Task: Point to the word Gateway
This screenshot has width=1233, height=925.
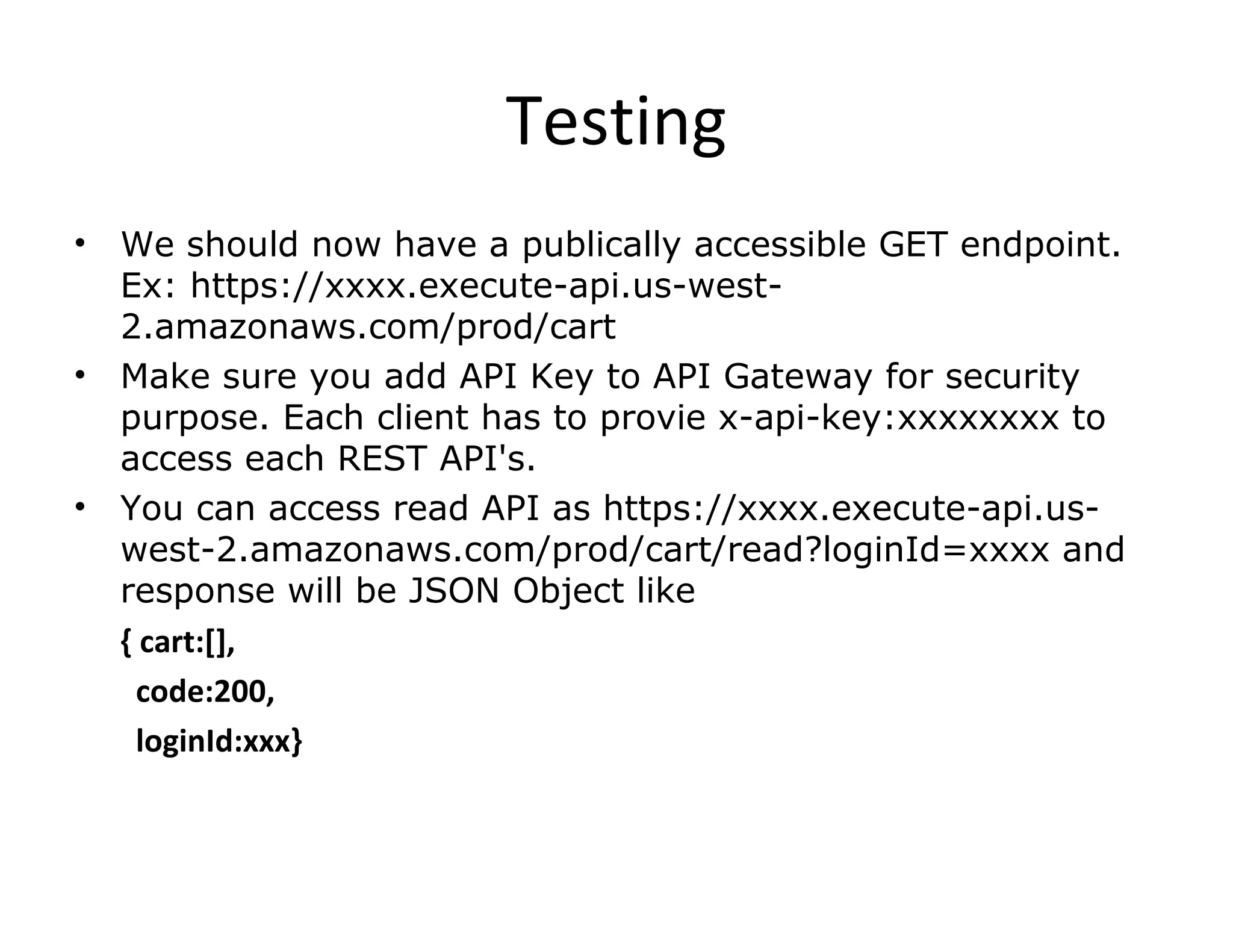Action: click(x=798, y=378)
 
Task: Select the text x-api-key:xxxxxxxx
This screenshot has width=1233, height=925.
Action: click(x=889, y=419)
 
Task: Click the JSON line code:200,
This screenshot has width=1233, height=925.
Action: click(x=205, y=692)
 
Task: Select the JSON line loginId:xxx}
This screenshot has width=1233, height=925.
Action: click(x=219, y=741)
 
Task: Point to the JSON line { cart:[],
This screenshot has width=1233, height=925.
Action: click(x=178, y=643)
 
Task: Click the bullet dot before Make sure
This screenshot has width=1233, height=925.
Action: click(x=79, y=375)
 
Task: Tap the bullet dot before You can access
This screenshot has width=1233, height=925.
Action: click(x=79, y=507)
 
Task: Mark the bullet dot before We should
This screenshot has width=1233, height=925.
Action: click(x=79, y=244)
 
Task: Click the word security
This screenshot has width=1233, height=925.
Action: click(x=1013, y=378)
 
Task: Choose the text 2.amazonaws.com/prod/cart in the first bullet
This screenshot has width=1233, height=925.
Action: click(x=368, y=328)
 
